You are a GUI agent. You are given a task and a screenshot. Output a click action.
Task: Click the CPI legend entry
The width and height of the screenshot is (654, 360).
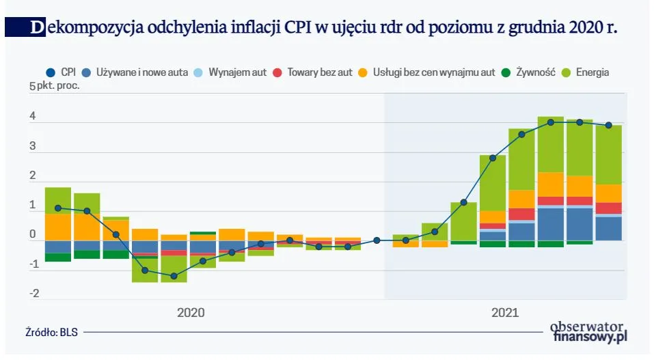pyautogui.click(x=61, y=72)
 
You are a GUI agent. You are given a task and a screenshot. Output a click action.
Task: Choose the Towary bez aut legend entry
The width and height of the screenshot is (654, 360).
pyautogui.click(x=314, y=72)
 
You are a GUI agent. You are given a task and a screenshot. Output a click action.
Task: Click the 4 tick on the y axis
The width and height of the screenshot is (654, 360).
pyautogui.click(x=32, y=117)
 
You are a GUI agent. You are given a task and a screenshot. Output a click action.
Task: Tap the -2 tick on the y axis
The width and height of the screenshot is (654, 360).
pyautogui.click(x=33, y=294)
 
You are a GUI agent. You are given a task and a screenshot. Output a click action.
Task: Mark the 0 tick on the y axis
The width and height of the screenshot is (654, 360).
pyautogui.click(x=32, y=234)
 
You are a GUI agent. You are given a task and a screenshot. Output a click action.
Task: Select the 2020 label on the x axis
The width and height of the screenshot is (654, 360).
pyautogui.click(x=191, y=313)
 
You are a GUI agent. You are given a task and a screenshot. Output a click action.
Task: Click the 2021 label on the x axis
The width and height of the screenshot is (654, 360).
pyautogui.click(x=504, y=313)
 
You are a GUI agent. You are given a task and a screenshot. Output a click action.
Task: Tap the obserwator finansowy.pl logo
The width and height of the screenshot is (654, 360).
pyautogui.click(x=588, y=332)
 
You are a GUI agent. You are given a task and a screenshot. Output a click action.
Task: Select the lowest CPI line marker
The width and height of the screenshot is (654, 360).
pyautogui.click(x=174, y=276)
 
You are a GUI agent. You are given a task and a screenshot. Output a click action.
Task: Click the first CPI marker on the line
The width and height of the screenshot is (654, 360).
pyautogui.click(x=58, y=208)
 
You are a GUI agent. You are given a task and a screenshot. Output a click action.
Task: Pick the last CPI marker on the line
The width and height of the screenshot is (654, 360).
pyautogui.click(x=608, y=125)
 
